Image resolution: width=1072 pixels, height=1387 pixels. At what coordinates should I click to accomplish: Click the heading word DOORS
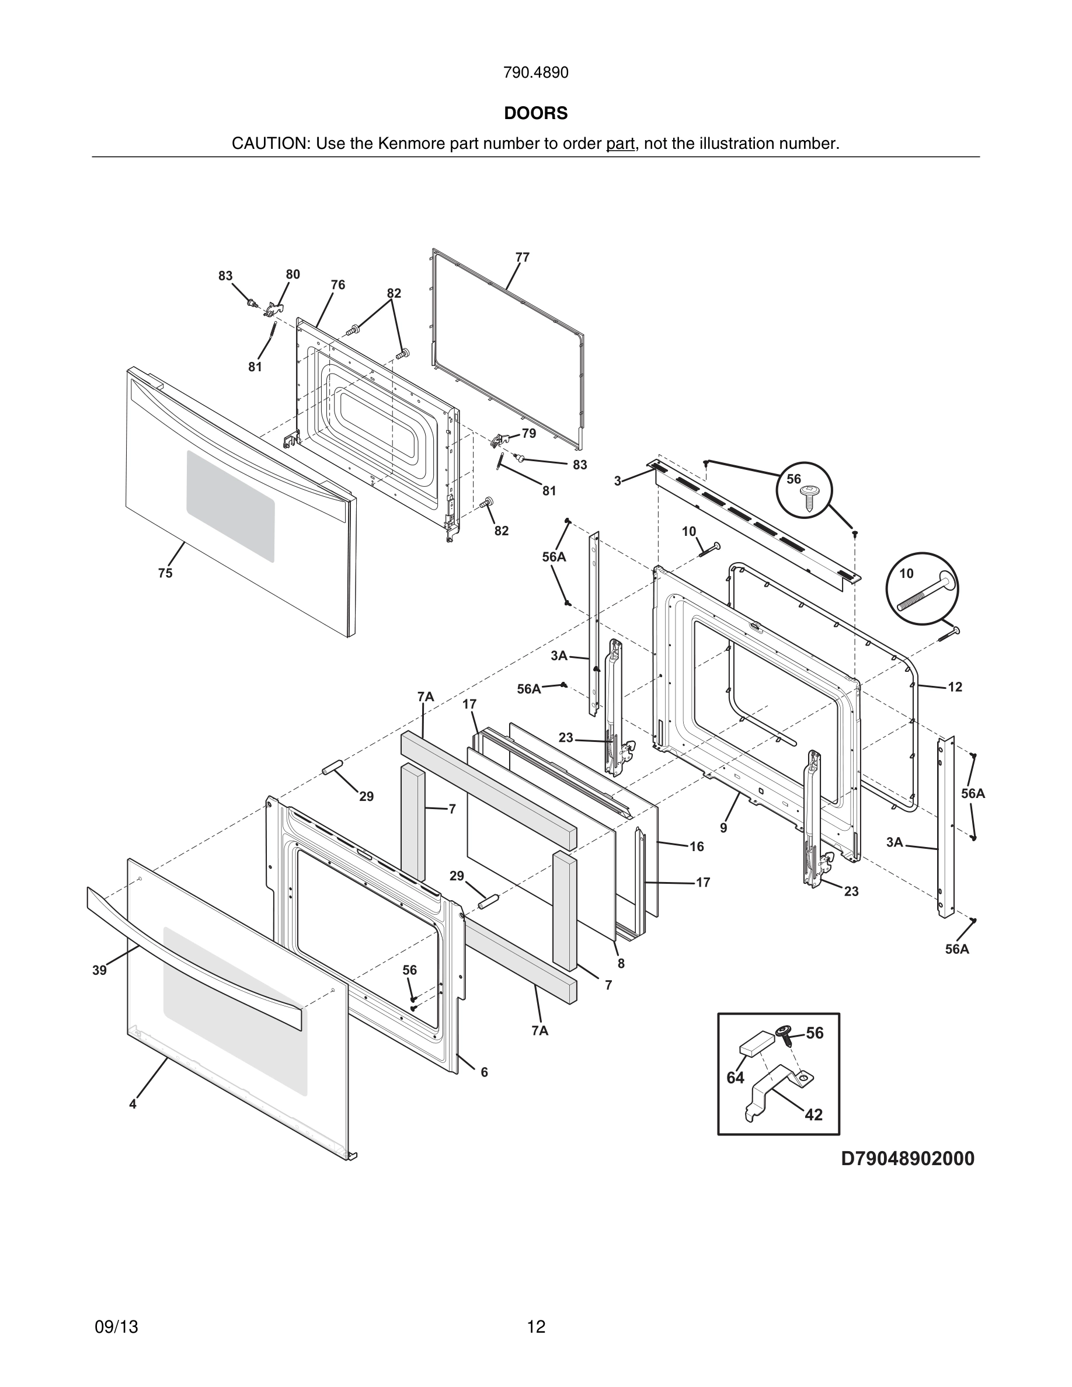tap(535, 113)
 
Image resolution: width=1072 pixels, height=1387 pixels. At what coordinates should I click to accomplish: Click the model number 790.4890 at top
tap(535, 73)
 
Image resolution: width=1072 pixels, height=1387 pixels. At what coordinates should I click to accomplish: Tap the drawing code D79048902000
tap(907, 1159)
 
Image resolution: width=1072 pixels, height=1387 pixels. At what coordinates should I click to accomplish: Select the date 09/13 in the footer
tap(116, 1327)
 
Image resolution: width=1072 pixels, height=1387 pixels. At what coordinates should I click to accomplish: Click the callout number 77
tap(522, 257)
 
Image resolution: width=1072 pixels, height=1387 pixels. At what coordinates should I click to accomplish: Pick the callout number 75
tap(165, 573)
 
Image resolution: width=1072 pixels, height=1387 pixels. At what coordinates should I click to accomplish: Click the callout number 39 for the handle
tap(99, 970)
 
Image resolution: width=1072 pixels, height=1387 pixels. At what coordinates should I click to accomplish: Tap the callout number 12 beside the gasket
tap(955, 686)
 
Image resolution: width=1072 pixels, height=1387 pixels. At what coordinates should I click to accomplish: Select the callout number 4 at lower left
tap(133, 1104)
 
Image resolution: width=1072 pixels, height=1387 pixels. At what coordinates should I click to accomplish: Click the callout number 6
tap(484, 1072)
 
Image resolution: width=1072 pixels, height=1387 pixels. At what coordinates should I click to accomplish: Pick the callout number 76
tap(338, 284)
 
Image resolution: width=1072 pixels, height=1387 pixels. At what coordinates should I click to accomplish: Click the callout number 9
tap(723, 828)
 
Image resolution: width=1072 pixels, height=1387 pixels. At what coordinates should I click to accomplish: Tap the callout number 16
tap(697, 846)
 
